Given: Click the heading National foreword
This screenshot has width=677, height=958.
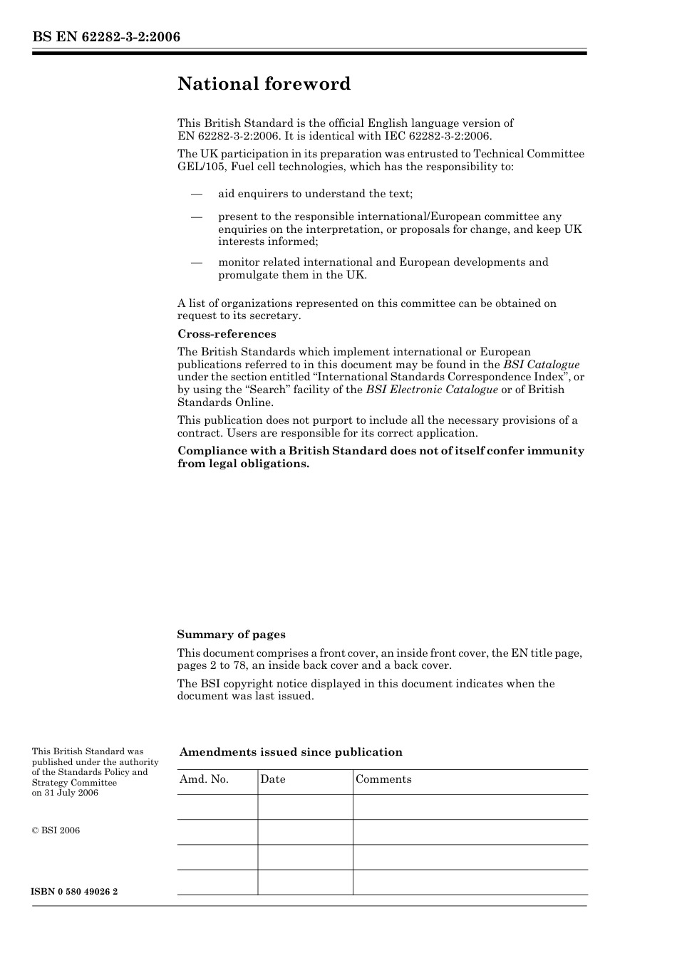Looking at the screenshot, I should coord(264,84).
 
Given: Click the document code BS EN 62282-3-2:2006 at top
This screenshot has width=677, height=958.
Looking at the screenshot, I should coord(105,37).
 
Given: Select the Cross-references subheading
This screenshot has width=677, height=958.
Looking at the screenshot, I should coord(227,334).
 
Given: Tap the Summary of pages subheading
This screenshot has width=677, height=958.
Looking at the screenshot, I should coord(231,635).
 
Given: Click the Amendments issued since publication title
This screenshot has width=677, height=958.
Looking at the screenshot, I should coord(291,752).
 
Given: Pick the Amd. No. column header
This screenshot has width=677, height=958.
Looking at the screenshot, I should coord(204,779).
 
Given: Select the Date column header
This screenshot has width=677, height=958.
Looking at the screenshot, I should coord(273,779).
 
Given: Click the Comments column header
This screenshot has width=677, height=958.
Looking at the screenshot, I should coord(383,779).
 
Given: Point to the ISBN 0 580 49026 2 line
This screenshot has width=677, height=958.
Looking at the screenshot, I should coord(75,892).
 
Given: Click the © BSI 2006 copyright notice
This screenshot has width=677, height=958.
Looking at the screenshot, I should coord(56,831).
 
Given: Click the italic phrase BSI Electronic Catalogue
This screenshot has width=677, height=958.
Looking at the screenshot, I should coord(432,390).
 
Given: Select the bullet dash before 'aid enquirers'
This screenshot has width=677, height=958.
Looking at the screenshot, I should coord(196,194).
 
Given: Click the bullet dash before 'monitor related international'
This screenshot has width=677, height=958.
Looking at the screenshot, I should coord(196,262).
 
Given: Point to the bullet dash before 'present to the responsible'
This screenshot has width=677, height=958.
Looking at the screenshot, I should coord(196,217).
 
